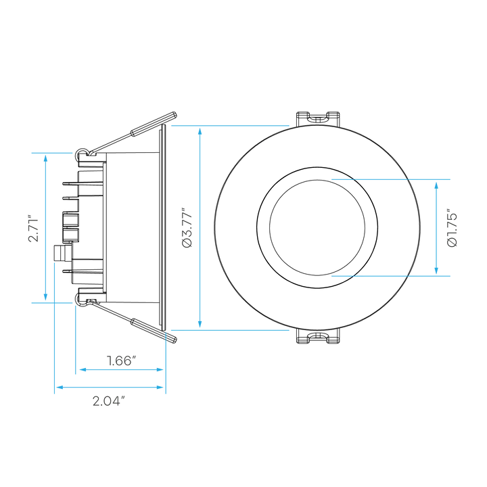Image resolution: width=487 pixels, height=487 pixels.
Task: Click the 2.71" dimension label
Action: [33, 228]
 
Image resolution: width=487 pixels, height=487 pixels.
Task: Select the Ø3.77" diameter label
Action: [187, 228]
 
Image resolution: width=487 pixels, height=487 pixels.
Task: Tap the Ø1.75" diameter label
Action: [453, 229]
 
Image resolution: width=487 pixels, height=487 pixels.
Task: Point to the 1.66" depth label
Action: [122, 361]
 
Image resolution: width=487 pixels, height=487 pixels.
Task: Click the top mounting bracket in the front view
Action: [317, 118]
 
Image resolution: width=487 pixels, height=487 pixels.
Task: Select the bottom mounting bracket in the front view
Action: [317, 336]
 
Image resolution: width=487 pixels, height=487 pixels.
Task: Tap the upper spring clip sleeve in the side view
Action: [154, 124]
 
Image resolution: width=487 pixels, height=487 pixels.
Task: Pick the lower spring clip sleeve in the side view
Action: [154, 331]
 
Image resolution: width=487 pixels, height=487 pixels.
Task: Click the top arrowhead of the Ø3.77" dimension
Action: [200, 131]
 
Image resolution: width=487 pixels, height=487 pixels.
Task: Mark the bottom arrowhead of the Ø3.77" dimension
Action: [200, 324]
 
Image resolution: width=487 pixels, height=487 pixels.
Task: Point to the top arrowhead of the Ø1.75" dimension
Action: [436, 186]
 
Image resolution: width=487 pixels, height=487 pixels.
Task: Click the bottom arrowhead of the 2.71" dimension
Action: [46, 297]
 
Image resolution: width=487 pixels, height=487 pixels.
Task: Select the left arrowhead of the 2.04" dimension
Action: [60, 388]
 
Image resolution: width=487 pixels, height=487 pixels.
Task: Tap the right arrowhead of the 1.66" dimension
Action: [160, 369]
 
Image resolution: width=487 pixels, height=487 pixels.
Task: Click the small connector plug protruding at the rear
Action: [62, 253]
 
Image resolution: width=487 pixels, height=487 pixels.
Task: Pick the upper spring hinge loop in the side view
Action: [82, 152]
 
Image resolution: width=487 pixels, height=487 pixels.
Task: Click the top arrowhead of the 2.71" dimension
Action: [46, 159]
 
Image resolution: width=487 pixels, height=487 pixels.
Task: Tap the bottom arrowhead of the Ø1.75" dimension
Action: [436, 270]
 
